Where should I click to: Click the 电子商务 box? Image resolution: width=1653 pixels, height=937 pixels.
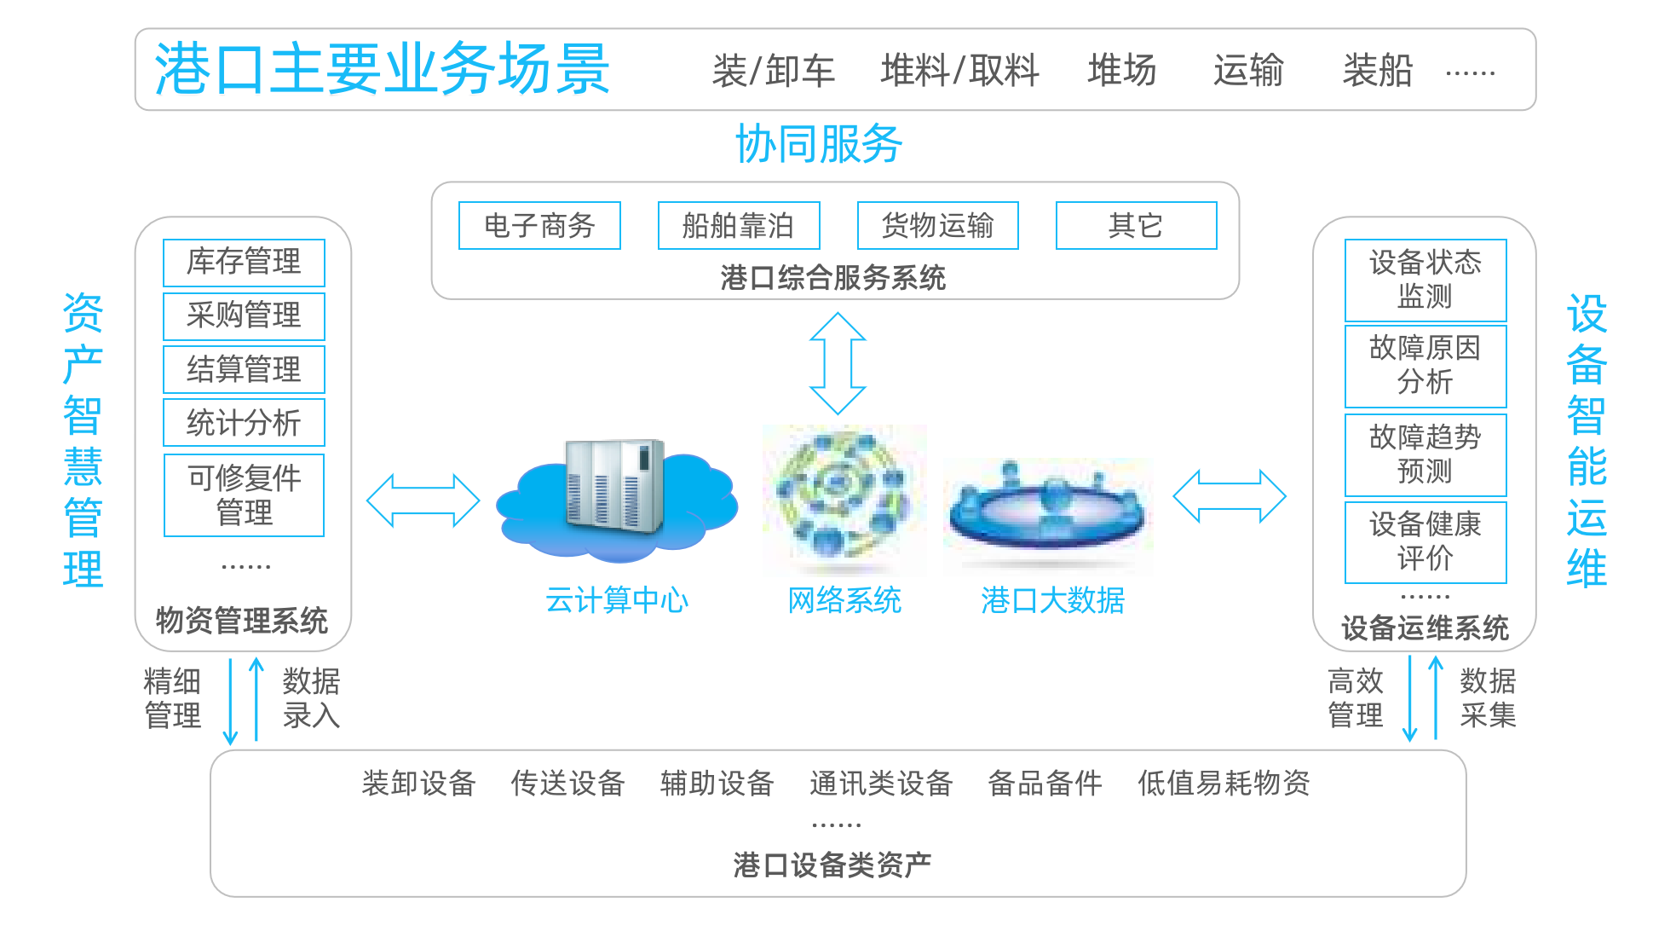pyautogui.click(x=539, y=226)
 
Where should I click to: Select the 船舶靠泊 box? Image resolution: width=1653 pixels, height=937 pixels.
pyautogui.click(x=739, y=226)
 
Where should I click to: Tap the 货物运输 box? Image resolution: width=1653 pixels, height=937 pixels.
pyautogui.click(x=937, y=226)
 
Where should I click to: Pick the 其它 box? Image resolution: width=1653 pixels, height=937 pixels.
pyautogui.click(x=1136, y=226)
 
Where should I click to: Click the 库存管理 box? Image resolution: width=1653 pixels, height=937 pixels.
pyautogui.click(x=244, y=263)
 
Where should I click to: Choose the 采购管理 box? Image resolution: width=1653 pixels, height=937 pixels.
pyautogui.click(x=244, y=316)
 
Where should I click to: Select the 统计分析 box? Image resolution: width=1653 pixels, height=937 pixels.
pyautogui.click(x=244, y=423)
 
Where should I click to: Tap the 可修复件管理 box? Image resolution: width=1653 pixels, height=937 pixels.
pyautogui.click(x=244, y=495)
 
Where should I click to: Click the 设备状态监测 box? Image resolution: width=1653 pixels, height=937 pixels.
pyautogui.click(x=1425, y=281)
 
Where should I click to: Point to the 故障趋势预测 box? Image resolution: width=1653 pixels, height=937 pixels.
pyautogui.click(x=1425, y=454)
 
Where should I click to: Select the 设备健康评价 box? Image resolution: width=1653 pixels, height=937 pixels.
pyautogui.click(x=1425, y=542)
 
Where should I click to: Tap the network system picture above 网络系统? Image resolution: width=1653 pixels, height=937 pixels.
pyautogui.click(x=844, y=500)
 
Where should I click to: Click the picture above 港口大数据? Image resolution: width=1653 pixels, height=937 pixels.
pyautogui.click(x=1048, y=517)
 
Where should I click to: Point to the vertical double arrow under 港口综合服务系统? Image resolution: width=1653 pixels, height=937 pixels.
pyautogui.click(x=838, y=363)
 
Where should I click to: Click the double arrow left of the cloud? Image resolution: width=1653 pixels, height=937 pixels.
pyautogui.click(x=423, y=500)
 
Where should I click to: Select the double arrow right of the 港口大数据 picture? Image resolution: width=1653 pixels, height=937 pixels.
pyautogui.click(x=1230, y=496)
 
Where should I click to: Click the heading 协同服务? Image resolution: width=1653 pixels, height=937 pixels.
pyautogui.click(x=819, y=144)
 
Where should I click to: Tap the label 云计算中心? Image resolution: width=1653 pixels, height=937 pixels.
pyautogui.click(x=616, y=601)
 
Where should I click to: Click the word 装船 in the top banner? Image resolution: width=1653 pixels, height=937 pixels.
pyautogui.click(x=1377, y=71)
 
